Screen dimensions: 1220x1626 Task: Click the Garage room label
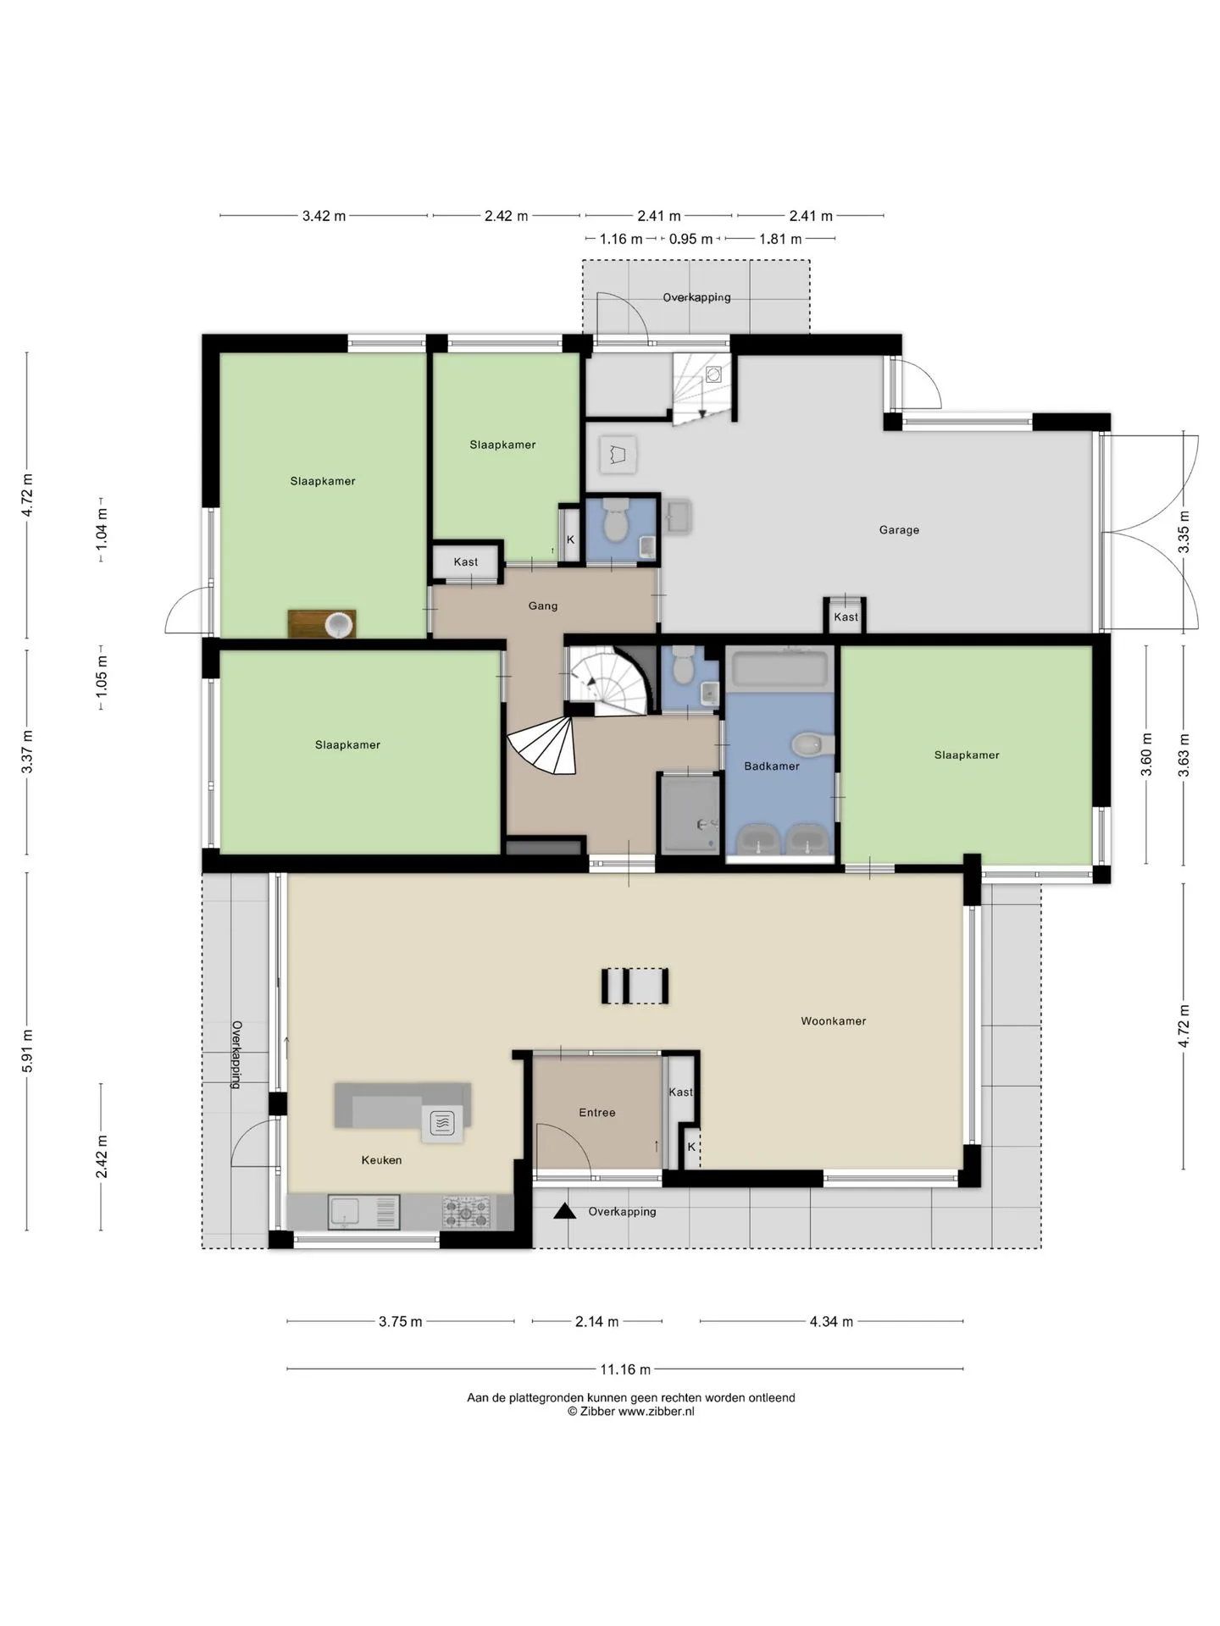(x=899, y=530)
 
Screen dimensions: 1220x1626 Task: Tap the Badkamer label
(x=772, y=766)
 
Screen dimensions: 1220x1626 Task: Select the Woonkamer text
(x=834, y=1021)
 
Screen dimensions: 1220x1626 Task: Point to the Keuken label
(x=381, y=1160)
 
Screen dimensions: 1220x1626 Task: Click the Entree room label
(x=597, y=1113)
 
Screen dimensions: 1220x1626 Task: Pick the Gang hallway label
(x=543, y=606)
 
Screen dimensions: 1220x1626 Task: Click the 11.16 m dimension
(x=625, y=1369)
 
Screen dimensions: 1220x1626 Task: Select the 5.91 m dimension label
(x=28, y=1051)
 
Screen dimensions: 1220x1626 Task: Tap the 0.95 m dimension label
(x=690, y=239)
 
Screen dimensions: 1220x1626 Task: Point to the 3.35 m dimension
(x=1184, y=533)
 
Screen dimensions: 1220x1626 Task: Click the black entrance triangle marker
(x=564, y=1212)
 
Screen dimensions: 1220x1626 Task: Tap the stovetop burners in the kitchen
(x=466, y=1212)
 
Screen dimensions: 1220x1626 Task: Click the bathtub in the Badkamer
(x=779, y=669)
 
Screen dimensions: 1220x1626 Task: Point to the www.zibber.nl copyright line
(x=631, y=1412)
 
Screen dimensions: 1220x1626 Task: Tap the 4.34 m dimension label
(x=831, y=1321)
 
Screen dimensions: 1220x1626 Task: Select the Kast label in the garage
(x=846, y=617)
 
